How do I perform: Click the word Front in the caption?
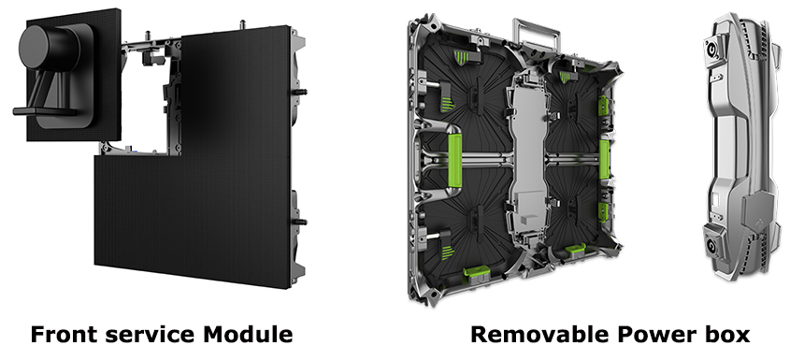(x=64, y=335)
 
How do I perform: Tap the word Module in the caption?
(x=248, y=335)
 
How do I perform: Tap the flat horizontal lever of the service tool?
(x=44, y=110)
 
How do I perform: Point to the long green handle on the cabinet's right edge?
(x=605, y=160)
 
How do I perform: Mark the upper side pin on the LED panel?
(x=299, y=93)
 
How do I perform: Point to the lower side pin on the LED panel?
(x=299, y=222)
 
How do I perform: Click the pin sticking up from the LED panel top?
(x=242, y=23)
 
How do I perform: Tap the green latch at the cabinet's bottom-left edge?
(x=477, y=276)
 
